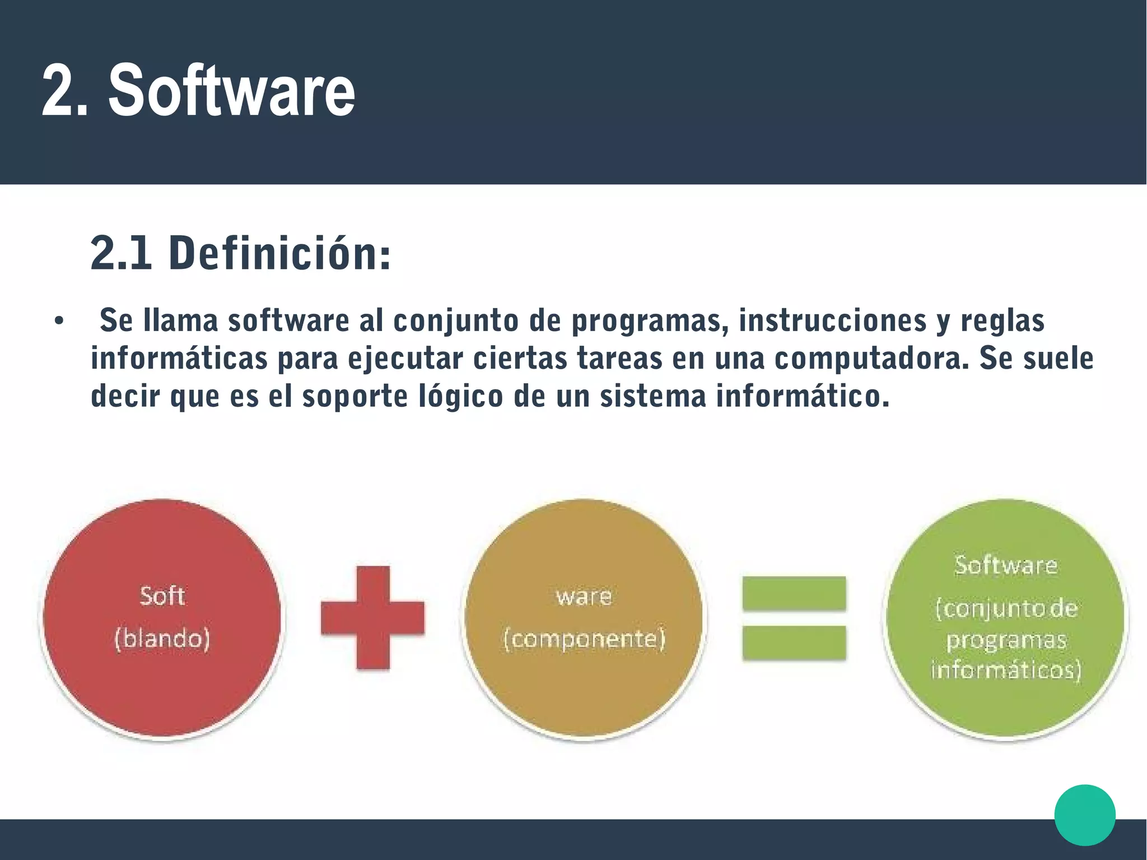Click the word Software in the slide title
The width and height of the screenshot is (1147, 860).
click(x=232, y=91)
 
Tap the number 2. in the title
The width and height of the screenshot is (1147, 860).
click(x=65, y=91)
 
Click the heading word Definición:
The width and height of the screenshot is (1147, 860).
click(x=279, y=254)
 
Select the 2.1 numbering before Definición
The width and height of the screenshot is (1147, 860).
click(x=121, y=254)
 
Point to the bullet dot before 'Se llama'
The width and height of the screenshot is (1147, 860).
click(x=58, y=322)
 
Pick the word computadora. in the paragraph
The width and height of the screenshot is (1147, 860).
click(x=871, y=359)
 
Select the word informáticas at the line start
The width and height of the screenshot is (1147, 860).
click(x=179, y=359)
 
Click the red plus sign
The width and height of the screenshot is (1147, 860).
click(x=372, y=618)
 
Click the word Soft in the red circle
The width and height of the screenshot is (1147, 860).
click(x=162, y=596)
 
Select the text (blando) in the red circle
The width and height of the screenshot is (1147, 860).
click(x=162, y=639)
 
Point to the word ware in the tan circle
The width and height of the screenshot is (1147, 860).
click(x=584, y=597)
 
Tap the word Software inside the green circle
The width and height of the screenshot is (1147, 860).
click(x=1006, y=565)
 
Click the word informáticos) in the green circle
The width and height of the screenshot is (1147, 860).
click(x=1006, y=670)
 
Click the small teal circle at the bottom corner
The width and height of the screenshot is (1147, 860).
click(x=1084, y=815)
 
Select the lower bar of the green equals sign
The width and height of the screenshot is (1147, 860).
click(x=794, y=643)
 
